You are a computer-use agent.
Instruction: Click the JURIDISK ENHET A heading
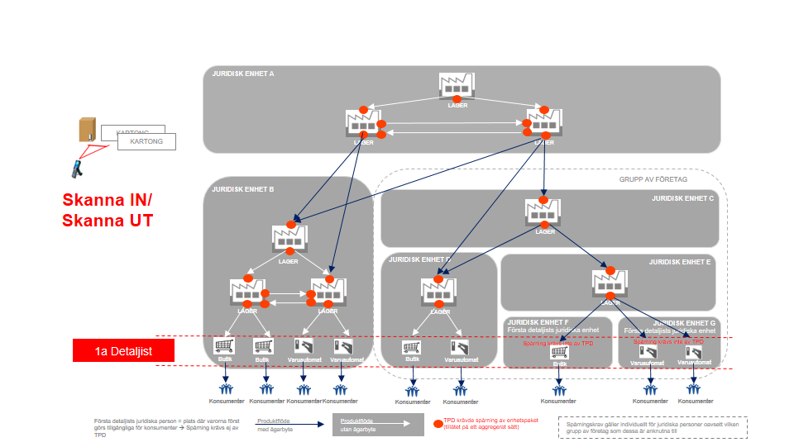(x=243, y=74)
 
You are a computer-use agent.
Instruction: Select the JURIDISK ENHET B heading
(x=243, y=189)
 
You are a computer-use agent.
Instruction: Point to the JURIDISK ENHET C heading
(x=682, y=198)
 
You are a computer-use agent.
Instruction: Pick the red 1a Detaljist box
(x=123, y=351)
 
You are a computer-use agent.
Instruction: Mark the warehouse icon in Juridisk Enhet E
(x=609, y=283)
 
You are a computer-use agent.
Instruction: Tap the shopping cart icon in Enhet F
(x=559, y=352)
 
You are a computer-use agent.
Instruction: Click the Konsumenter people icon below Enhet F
(x=559, y=388)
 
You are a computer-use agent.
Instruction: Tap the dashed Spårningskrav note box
(x=653, y=427)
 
